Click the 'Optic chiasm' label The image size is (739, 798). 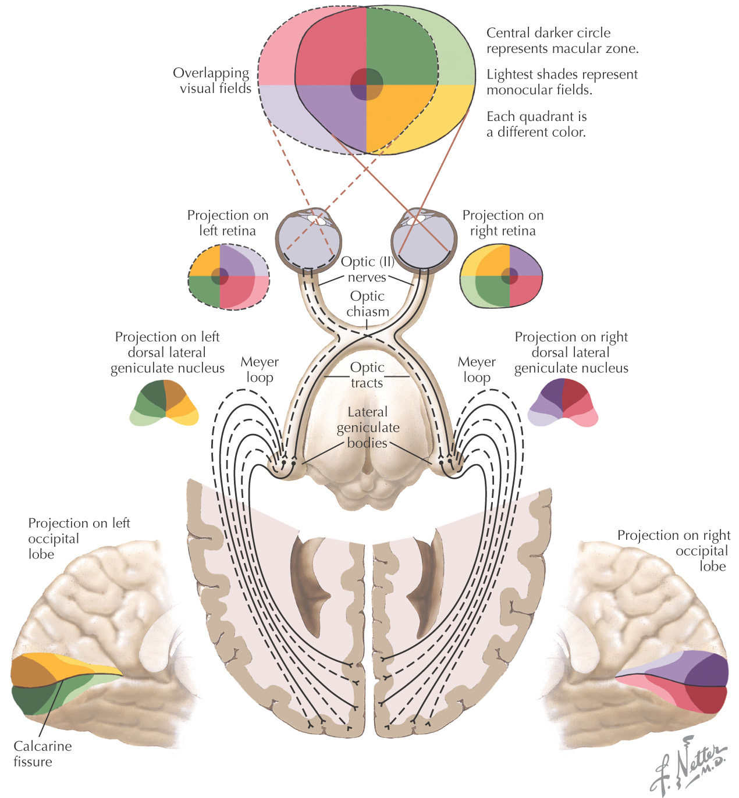pyautogui.click(x=367, y=304)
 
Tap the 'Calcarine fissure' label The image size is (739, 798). pyautogui.click(x=42, y=754)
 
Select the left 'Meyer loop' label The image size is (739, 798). pyautogui.click(x=260, y=369)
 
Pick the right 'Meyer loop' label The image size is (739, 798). pyautogui.click(x=477, y=369)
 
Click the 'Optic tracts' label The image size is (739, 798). pyautogui.click(x=367, y=375)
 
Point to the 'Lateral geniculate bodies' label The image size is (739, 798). pyautogui.click(x=368, y=427)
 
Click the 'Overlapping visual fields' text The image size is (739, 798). pyautogui.click(x=212, y=81)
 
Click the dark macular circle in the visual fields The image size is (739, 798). pyautogui.click(x=367, y=84)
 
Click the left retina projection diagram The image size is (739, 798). pyautogui.click(x=229, y=277)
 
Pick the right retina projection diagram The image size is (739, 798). pyautogui.click(x=501, y=276)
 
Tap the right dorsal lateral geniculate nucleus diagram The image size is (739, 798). pyautogui.click(x=563, y=403)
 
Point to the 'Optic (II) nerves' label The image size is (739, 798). pyautogui.click(x=367, y=269)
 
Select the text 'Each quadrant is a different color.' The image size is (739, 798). pyautogui.click(x=537, y=124)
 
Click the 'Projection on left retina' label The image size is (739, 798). pyautogui.click(x=228, y=223)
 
